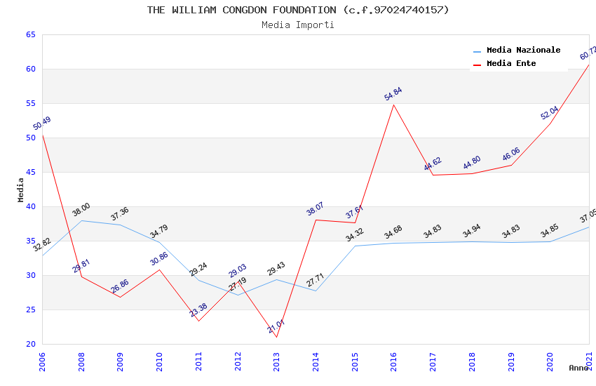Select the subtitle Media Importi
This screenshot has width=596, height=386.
tap(298, 25)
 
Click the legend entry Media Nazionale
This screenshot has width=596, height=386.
tap(523, 51)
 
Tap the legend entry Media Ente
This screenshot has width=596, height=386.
tap(511, 64)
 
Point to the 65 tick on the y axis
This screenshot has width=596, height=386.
tap(31, 35)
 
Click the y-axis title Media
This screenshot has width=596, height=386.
tap(20, 189)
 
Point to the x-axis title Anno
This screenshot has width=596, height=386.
tap(578, 368)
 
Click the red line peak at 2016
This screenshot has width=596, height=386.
tap(394, 105)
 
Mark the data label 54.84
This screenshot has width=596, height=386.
tap(393, 94)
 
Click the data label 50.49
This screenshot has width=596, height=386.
tap(42, 124)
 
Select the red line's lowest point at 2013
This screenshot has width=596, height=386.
tap(276, 338)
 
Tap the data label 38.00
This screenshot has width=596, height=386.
tap(81, 209)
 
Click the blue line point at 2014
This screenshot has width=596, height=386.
tap(316, 291)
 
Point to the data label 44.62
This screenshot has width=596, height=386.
tap(433, 164)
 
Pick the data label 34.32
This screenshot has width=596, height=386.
tap(355, 235)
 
